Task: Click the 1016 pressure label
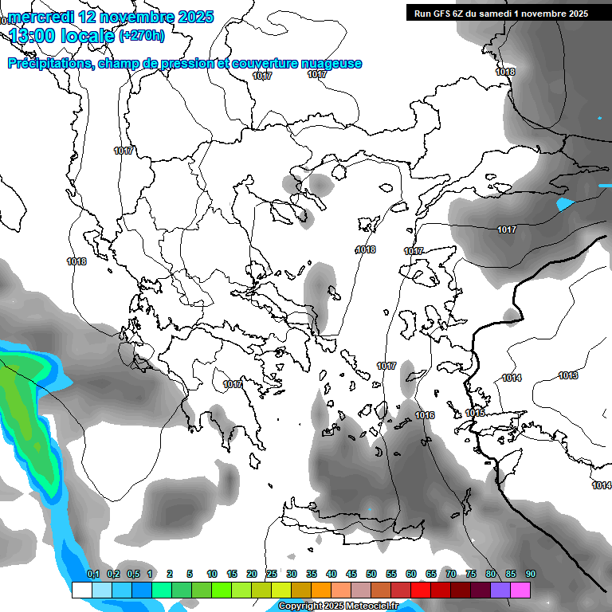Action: coord(425,415)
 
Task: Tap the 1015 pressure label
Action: coord(475,413)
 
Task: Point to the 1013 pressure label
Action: coord(568,375)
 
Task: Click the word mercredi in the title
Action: coord(41,17)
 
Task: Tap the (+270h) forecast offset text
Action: coord(142,35)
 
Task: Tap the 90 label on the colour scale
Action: coord(530,574)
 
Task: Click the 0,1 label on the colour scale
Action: coord(92,574)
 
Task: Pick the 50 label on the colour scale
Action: coord(371,574)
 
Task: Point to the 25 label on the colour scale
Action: coord(272,574)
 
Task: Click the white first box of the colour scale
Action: coord(81,590)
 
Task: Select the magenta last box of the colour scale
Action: coord(520,590)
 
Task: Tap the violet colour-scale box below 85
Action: coord(500,590)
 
